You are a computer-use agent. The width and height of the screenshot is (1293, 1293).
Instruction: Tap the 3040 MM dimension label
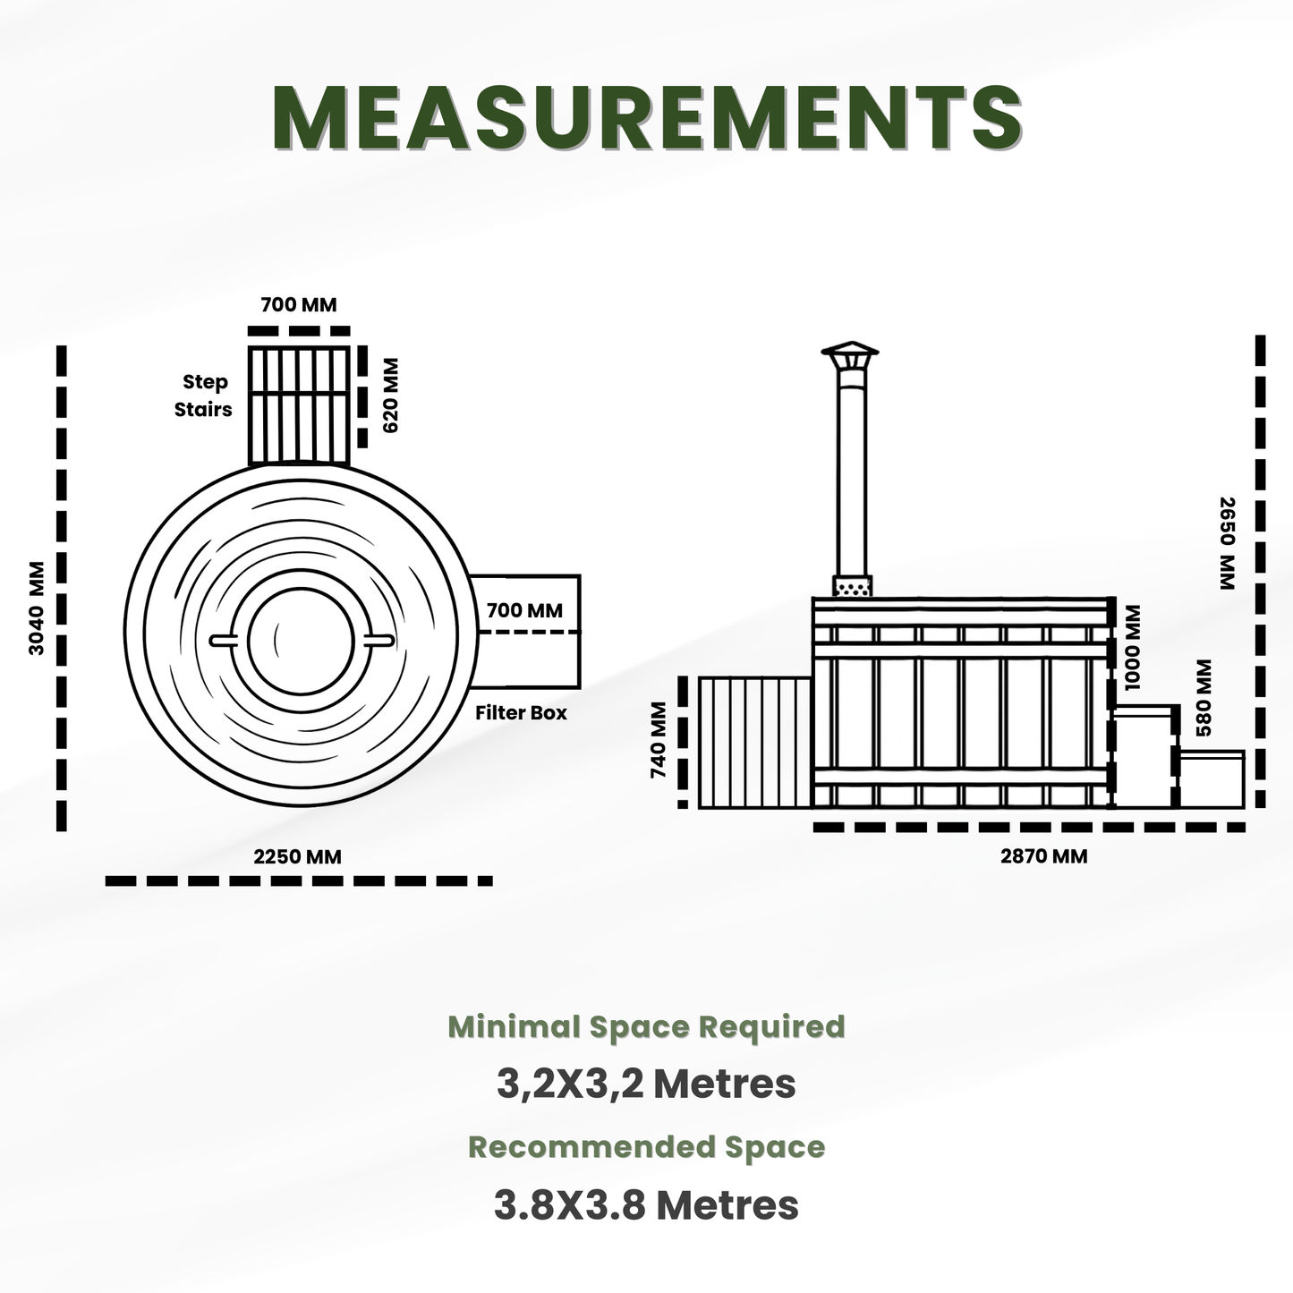click(37, 608)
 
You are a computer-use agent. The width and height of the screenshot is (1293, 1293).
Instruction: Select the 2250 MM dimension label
click(297, 857)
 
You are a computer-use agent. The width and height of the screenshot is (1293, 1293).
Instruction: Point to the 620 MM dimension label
click(390, 396)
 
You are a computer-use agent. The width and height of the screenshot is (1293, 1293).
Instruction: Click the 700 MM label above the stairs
click(299, 304)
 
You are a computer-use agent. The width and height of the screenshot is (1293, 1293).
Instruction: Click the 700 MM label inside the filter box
click(524, 610)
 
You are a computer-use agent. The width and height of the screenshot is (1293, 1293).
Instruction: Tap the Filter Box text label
click(522, 712)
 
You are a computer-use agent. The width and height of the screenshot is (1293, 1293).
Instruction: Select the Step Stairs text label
click(203, 396)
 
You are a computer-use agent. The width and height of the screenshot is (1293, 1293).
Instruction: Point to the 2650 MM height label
click(1228, 543)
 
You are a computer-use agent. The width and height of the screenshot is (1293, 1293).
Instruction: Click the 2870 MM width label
click(1044, 856)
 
